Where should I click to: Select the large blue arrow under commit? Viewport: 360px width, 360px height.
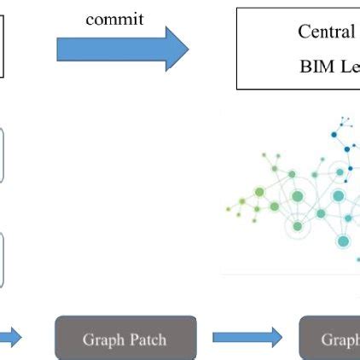[x=119, y=49]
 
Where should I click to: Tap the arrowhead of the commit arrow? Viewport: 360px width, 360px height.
[x=177, y=49]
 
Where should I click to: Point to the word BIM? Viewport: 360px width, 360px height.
[x=316, y=66]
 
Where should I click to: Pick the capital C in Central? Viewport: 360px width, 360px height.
[x=304, y=32]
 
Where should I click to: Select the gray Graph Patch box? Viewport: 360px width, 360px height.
[x=125, y=338]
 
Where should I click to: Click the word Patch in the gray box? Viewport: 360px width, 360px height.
[x=148, y=340]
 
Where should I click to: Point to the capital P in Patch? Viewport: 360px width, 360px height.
[x=134, y=340]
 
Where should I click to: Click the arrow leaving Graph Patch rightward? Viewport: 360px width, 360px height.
[x=247, y=338]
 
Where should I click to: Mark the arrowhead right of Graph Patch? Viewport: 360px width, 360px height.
[x=274, y=338]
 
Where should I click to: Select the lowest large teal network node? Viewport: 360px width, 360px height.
[x=343, y=241]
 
